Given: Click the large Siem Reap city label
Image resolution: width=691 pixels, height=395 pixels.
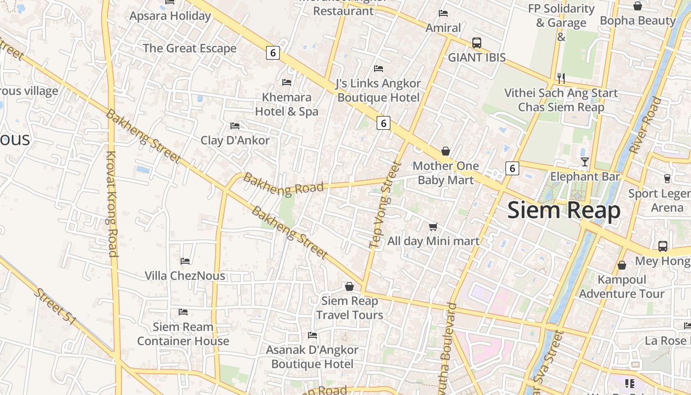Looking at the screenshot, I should (564, 210).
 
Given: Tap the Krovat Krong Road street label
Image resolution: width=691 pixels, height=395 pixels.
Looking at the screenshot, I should (112, 204).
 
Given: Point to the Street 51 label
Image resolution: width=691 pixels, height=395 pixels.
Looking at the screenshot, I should (55, 307).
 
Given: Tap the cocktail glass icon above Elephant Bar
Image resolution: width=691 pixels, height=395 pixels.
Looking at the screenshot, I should (585, 161).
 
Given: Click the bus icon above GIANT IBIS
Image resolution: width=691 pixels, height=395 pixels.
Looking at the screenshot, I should (476, 43).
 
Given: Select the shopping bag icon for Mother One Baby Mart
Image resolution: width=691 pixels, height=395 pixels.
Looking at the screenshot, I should (445, 151).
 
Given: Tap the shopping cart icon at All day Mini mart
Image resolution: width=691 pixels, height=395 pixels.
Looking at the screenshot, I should (433, 227).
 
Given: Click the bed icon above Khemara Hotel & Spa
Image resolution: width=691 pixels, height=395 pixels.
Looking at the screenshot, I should (287, 82).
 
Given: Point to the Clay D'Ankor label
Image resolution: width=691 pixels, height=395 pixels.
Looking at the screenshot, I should (235, 140).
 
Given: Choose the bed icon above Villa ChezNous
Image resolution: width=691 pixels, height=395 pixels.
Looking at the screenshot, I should (185, 261).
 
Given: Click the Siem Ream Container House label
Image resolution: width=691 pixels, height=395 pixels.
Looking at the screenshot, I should (183, 334).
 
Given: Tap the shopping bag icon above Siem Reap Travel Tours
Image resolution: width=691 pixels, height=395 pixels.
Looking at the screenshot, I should (349, 286).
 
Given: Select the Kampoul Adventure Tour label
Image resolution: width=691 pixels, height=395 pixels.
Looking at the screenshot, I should (621, 287).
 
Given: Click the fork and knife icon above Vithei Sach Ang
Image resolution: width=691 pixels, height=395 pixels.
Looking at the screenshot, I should (561, 78).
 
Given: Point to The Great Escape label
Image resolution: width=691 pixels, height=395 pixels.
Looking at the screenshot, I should (190, 48).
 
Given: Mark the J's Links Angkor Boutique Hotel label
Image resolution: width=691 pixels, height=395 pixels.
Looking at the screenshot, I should (378, 90).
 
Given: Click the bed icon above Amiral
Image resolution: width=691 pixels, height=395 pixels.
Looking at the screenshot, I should (443, 13).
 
